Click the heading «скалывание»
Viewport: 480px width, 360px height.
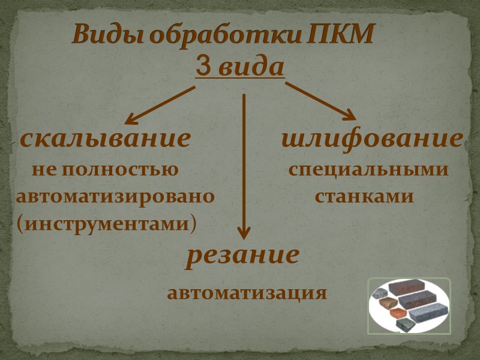(106, 139)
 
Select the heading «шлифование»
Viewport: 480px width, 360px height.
(372, 139)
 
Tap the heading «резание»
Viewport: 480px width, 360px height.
(242, 256)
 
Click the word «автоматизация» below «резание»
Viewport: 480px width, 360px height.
(247, 294)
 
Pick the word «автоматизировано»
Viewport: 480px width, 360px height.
(116, 197)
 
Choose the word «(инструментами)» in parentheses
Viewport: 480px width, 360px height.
(107, 224)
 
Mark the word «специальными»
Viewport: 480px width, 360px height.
(368, 170)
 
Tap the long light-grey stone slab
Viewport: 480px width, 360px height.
(427, 313)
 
